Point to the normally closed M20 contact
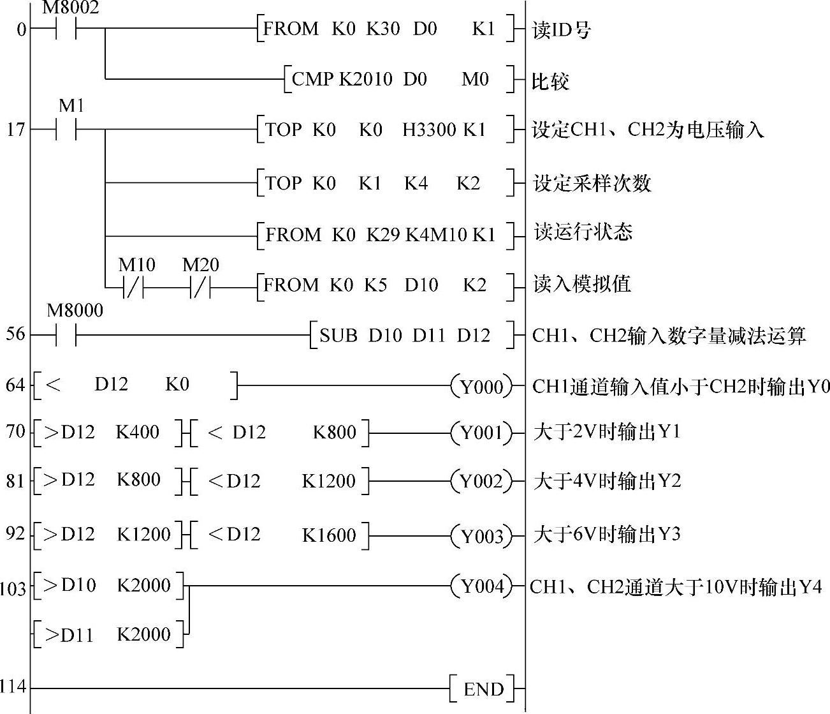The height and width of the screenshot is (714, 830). click(x=200, y=285)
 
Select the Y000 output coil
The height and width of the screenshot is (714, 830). click(x=481, y=386)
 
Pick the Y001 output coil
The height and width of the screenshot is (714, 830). click(x=481, y=433)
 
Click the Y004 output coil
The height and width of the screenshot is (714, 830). click(x=481, y=586)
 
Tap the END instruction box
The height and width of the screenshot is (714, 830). click(x=483, y=689)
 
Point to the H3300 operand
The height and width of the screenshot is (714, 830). click(x=429, y=130)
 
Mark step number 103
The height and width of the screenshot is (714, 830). click(x=13, y=588)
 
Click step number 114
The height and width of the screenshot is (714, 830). click(x=13, y=687)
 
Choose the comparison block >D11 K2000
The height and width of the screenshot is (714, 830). click(x=108, y=635)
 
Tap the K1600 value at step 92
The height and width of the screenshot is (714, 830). click(x=329, y=535)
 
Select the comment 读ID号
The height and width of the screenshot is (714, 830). click(x=561, y=30)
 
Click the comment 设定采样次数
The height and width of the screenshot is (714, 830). click(x=592, y=184)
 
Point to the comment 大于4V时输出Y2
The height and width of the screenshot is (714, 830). click(x=607, y=480)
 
